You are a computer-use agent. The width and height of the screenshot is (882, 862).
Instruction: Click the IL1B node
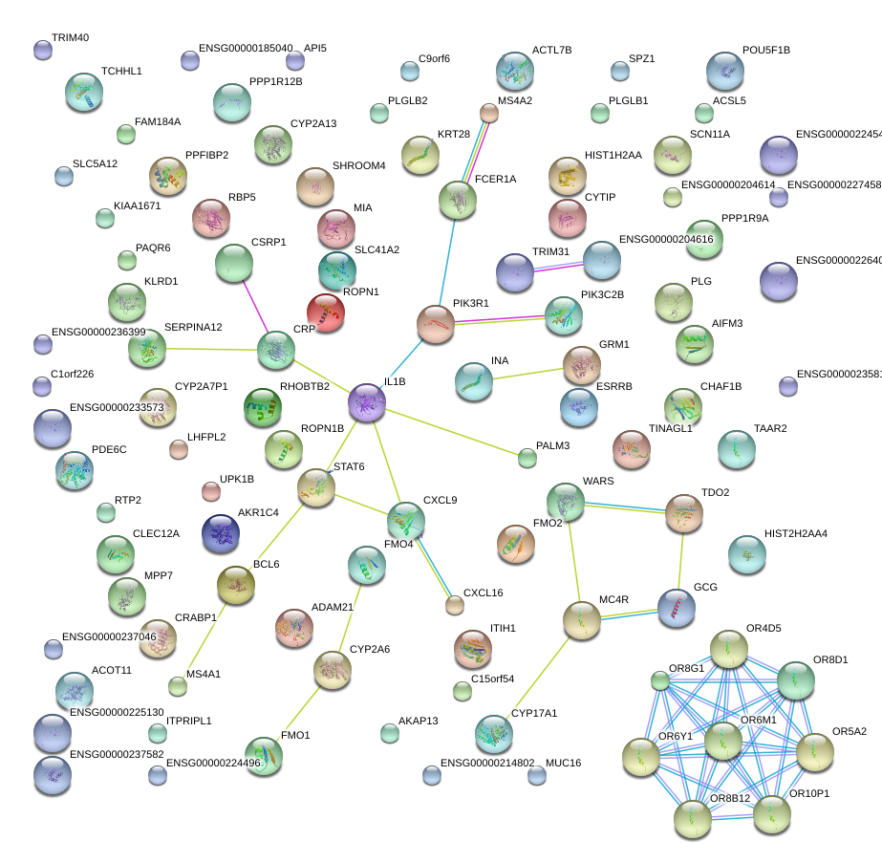coord(367,402)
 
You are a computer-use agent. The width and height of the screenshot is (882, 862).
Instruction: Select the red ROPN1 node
coord(326,312)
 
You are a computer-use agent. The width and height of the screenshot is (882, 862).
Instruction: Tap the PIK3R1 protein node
coord(436,324)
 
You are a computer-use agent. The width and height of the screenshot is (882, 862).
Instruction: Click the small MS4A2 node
coord(488,113)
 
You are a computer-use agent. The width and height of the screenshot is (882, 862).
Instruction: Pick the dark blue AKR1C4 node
coord(221,532)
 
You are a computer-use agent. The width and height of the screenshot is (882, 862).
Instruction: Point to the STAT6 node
coord(316,487)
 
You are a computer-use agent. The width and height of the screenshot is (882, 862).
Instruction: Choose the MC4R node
coord(581,620)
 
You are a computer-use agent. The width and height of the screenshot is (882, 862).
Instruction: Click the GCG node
coord(677,607)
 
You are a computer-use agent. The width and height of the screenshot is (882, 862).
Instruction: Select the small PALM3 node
coord(527,458)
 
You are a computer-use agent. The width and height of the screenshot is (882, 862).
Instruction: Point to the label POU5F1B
coord(766,50)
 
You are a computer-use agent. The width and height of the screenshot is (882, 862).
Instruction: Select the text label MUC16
coord(563,764)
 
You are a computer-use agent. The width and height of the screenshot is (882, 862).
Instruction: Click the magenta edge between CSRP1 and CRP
coord(255,307)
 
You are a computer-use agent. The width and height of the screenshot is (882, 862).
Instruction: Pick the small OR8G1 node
coord(659,680)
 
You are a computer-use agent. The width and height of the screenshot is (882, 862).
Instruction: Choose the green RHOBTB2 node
coord(263,407)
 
